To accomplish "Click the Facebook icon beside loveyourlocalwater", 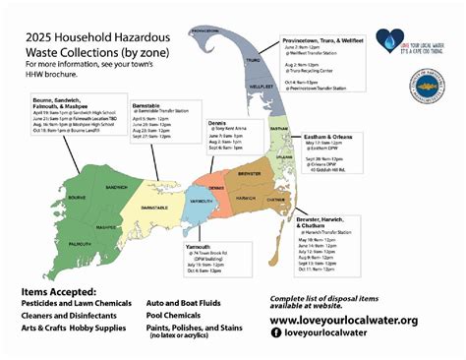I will tap(275, 333).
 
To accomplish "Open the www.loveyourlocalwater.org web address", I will tap(343, 320).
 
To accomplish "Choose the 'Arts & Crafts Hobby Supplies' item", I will tap(72, 328).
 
